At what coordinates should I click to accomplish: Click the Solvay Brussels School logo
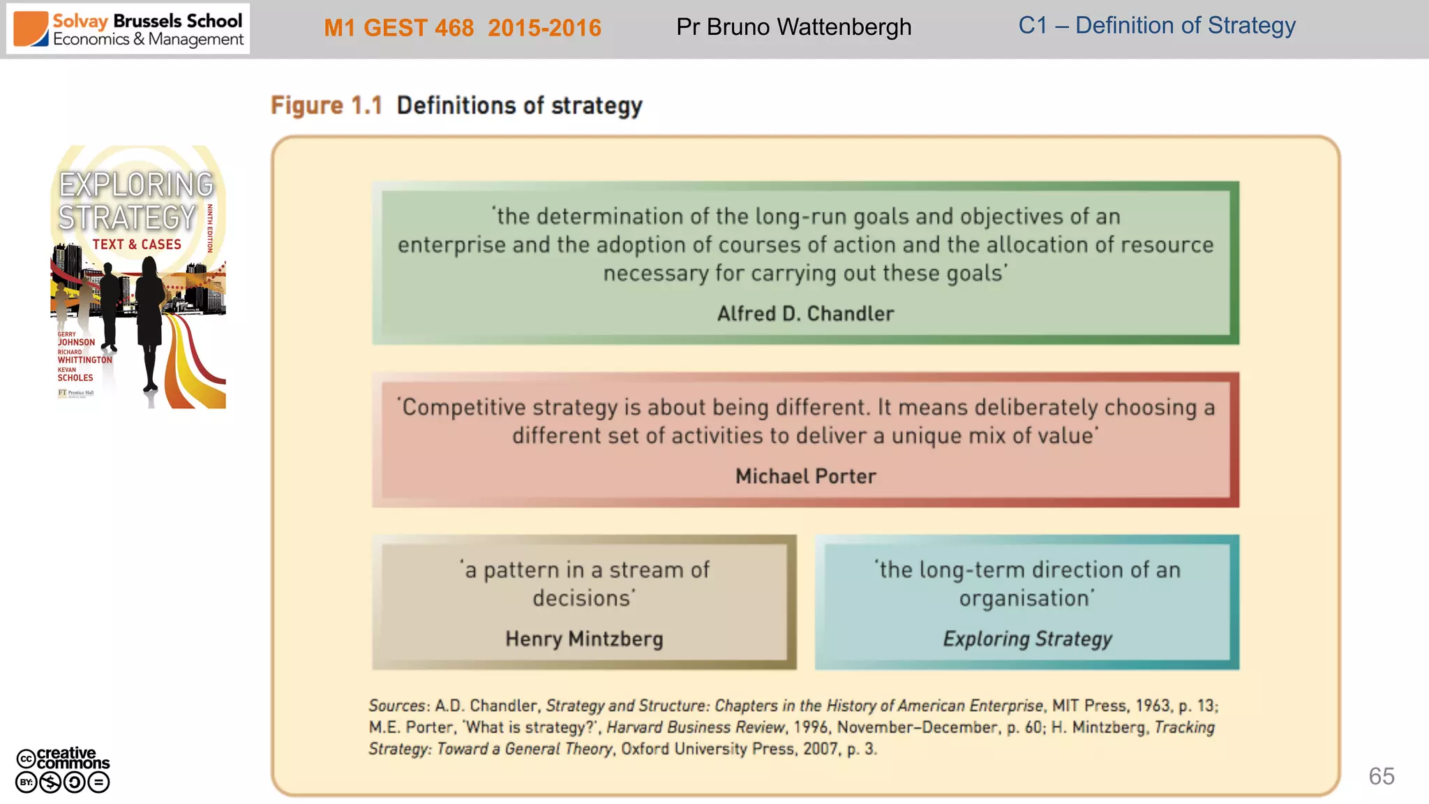(128, 29)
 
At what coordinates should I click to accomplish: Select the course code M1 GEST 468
(399, 28)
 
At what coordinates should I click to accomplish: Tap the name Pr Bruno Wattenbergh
(793, 27)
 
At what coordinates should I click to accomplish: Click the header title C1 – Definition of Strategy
(1156, 26)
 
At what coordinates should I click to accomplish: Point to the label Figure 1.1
(326, 105)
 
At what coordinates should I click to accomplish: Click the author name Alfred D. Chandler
(805, 314)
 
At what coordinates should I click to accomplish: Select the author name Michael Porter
(805, 477)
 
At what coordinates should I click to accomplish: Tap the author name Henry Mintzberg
(584, 639)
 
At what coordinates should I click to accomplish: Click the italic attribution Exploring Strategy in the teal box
(1027, 639)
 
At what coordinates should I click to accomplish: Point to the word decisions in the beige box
(583, 599)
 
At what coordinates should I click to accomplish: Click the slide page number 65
(1381, 776)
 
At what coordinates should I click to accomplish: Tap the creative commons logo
(63, 770)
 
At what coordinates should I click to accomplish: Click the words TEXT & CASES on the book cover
(137, 244)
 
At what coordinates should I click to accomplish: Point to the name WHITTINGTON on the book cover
(84, 360)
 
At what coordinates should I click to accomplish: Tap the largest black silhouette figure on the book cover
(149, 314)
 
